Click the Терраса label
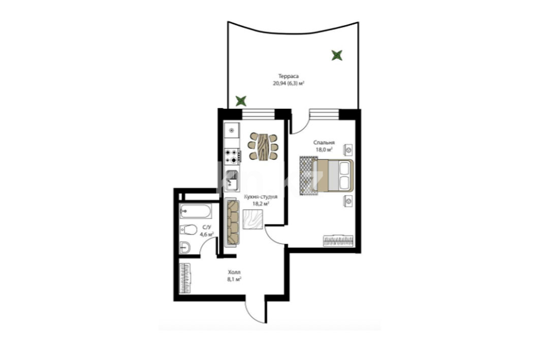tap(288, 76)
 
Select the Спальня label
tap(324, 143)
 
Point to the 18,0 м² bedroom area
tap(324, 150)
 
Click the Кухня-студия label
tap(261, 197)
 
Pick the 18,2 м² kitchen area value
tap(261, 204)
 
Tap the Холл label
tap(234, 272)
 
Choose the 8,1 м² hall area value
tap(234, 279)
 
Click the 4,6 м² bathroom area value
tap(207, 235)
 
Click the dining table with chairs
tap(263, 146)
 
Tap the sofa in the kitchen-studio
tap(232, 222)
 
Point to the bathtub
tap(196, 211)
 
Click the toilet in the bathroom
tap(188, 229)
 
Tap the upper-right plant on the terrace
tap(337, 55)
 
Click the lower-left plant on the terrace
tap(241, 101)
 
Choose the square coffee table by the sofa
tap(252, 219)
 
